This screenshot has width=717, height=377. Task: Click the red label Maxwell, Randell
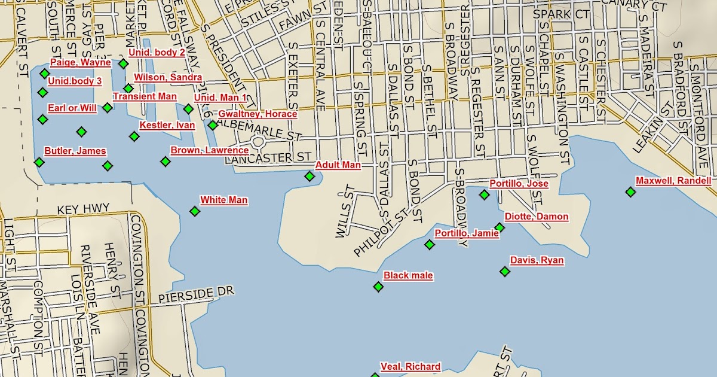tap(673, 181)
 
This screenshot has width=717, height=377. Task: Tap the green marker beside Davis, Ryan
tap(505, 272)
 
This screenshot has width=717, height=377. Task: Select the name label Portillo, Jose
tap(519, 184)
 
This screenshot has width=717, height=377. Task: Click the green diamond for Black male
tap(378, 287)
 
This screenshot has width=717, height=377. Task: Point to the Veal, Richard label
tap(410, 367)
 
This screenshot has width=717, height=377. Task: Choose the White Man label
tap(224, 200)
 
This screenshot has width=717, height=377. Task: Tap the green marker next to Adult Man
tap(310, 176)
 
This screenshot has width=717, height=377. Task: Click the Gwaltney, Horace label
tap(258, 114)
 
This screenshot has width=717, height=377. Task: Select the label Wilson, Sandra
tap(168, 77)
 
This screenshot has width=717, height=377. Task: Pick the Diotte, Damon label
tap(537, 217)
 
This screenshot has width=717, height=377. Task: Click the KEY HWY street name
tap(84, 209)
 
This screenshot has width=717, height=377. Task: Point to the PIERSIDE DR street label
tap(197, 294)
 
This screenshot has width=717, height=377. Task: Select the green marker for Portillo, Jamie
tap(430, 244)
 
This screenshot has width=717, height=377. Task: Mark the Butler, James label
tap(75, 151)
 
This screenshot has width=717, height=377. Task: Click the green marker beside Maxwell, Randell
tap(630, 191)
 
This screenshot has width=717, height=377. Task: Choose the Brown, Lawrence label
tap(210, 150)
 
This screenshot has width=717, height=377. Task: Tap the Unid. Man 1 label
tap(220, 97)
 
